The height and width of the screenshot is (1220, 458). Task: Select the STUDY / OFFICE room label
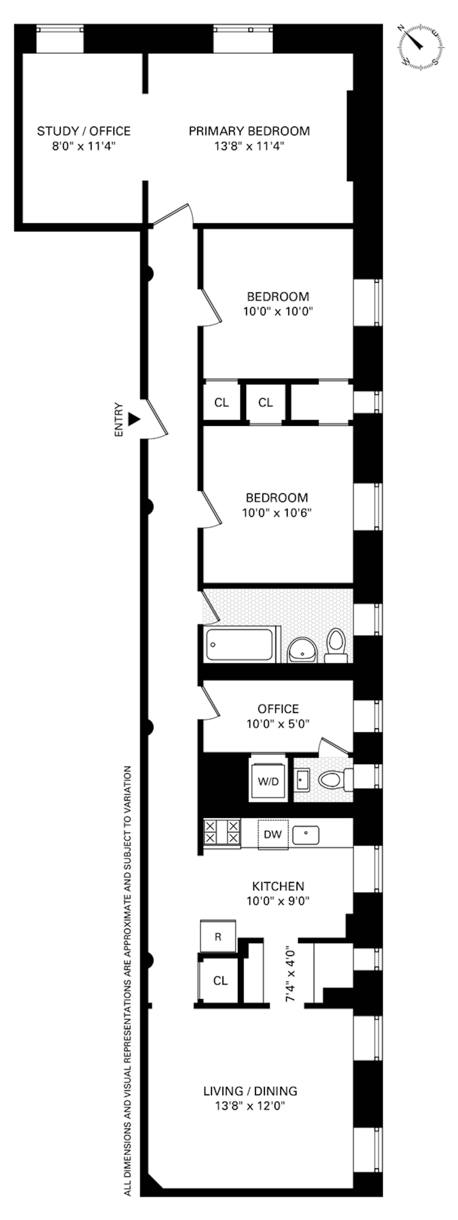point(84,131)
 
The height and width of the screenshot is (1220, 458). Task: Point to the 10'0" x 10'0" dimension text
point(278,312)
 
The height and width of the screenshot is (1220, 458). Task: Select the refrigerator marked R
point(218,936)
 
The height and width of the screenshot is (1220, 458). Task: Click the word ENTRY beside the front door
point(119,420)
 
